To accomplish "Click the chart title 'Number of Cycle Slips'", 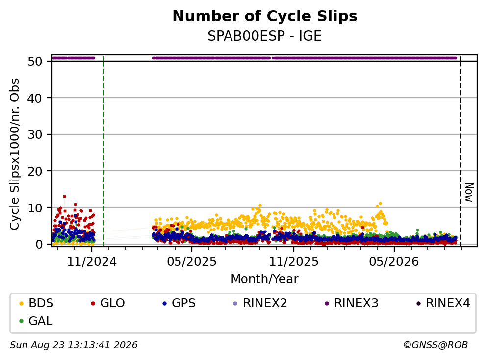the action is click(265, 16).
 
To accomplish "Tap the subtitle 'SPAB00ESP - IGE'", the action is click(264, 36).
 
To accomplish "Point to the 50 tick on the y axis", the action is click(35, 61).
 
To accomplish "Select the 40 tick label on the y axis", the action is click(35, 98).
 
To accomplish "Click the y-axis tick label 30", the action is click(35, 134).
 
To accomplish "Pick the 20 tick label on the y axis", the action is click(35, 171).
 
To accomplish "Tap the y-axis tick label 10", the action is click(35, 208).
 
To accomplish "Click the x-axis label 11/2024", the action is click(92, 262).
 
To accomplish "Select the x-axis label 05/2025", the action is click(192, 262).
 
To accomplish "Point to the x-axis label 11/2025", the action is click(293, 262).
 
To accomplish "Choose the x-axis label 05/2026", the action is click(394, 262).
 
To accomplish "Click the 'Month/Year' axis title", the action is click(264, 279).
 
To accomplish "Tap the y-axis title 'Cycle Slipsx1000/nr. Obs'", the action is click(14, 154).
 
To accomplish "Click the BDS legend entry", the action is click(36, 303).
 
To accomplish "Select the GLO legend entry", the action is click(107, 303).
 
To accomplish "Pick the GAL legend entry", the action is click(36, 321).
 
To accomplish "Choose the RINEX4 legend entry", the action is click(443, 303).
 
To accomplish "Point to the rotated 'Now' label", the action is click(469, 192).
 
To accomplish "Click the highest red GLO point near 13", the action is click(64, 196).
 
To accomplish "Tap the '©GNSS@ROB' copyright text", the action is click(436, 345).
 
